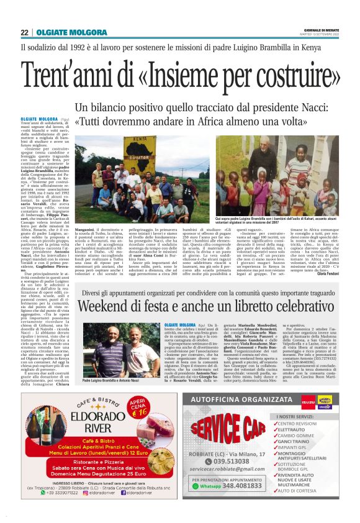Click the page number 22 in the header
24,32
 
